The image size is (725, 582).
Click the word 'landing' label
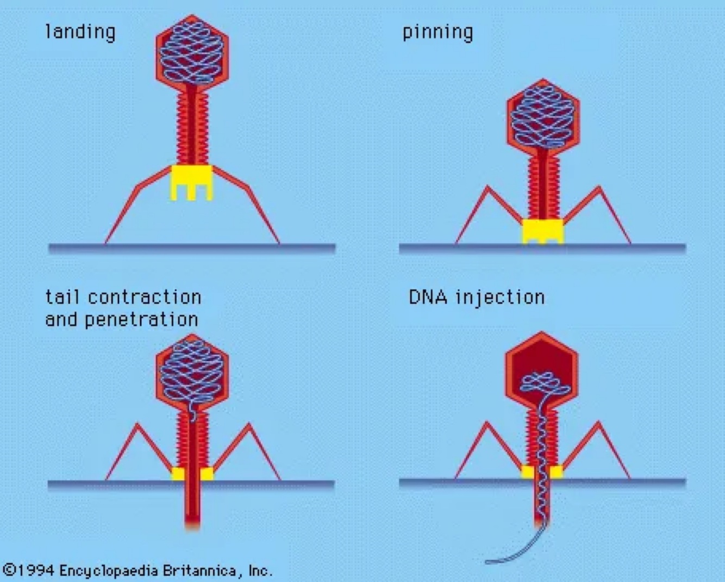coord(80,32)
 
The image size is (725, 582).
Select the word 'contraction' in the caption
coord(145,297)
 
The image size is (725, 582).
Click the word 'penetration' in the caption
coord(141,319)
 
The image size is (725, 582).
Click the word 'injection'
coord(500,298)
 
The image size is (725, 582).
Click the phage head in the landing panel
coord(192,52)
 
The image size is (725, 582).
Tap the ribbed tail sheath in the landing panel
coord(192,128)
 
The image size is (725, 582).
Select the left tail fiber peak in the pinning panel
coord(487,188)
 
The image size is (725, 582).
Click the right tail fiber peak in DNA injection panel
coord(599,423)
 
